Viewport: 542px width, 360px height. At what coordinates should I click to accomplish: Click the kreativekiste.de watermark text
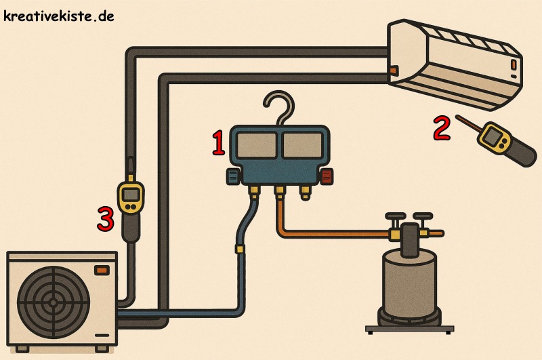point(58,15)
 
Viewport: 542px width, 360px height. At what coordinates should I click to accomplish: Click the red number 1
point(218,143)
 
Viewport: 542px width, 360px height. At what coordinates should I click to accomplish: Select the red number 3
point(105,219)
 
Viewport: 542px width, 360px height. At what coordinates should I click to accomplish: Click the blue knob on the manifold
point(233,178)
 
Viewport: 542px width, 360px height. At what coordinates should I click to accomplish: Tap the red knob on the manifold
point(327,178)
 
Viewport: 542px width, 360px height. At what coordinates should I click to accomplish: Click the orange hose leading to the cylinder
point(325,235)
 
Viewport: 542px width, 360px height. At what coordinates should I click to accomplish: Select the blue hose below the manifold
point(239,271)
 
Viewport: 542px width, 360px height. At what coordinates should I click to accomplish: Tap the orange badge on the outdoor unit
point(102,270)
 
